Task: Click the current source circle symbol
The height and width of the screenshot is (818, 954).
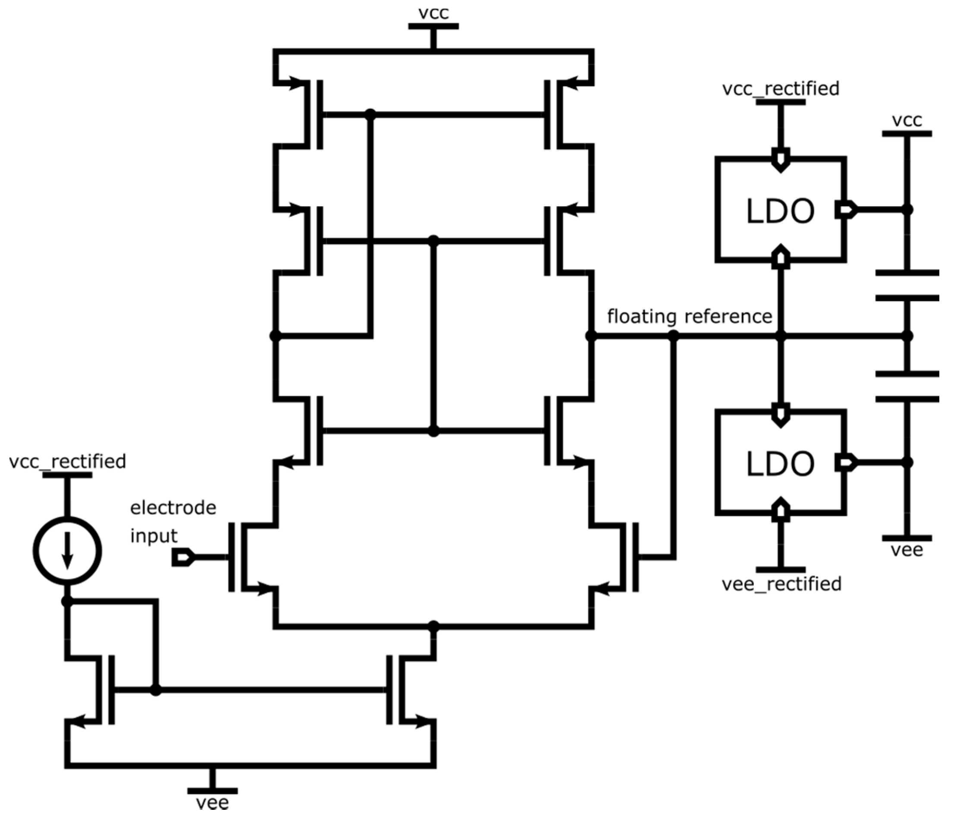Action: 67,551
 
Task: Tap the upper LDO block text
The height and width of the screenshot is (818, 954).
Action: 780,211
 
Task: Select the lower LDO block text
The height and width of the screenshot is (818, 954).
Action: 780,463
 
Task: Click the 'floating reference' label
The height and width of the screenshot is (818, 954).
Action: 689,317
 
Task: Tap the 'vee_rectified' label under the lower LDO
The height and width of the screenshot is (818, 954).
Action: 781,584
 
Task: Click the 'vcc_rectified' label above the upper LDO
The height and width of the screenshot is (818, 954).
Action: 781,88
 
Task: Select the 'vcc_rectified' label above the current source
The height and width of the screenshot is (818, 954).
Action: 67,462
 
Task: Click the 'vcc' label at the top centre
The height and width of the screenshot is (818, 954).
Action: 433,13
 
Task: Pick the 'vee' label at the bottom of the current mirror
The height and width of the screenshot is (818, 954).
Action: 212,803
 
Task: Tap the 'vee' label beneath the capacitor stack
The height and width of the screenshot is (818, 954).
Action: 907,550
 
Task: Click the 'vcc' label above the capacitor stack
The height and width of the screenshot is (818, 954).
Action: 907,121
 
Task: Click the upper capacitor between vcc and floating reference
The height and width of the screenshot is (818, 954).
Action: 907,286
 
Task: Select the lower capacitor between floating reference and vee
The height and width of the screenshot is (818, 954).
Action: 907,386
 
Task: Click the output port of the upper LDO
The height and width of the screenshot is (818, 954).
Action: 846,210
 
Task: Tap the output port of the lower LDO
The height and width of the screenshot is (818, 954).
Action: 846,462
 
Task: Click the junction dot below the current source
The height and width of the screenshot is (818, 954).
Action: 67,601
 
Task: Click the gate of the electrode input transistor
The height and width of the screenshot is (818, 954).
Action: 231,557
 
